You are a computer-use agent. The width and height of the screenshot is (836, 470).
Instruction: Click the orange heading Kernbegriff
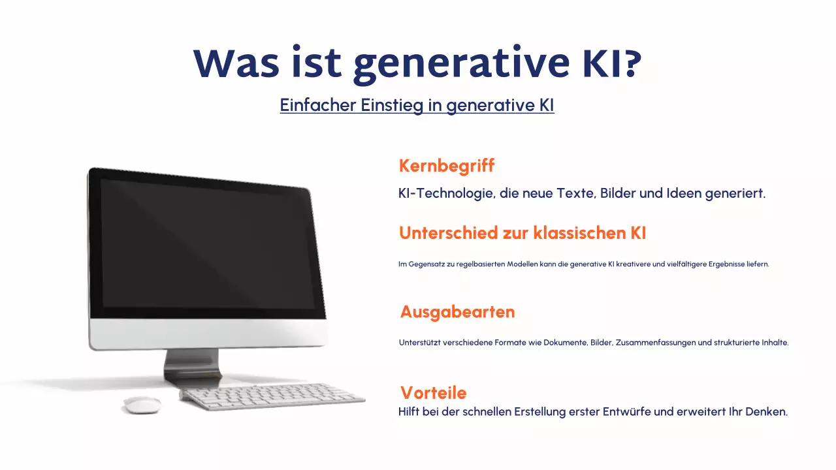click(446, 166)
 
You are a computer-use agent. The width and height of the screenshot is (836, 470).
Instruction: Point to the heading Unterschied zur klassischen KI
click(522, 233)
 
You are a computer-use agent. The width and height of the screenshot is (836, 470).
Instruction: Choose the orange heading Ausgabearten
click(457, 312)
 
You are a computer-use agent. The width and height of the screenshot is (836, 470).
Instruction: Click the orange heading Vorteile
click(433, 392)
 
